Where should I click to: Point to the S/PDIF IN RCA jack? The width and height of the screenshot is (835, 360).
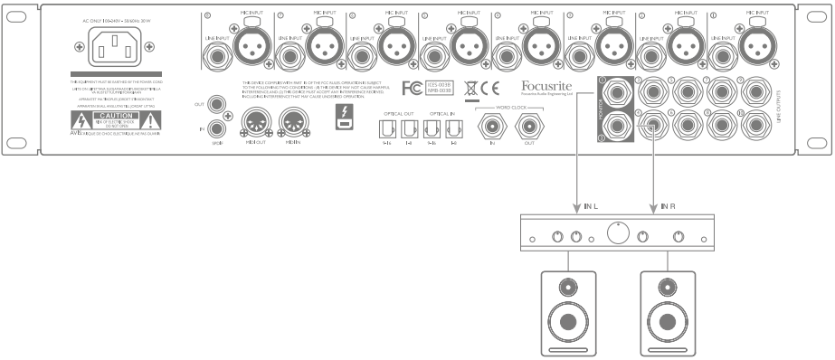click(217, 128)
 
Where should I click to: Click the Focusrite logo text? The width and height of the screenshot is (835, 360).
click(548, 88)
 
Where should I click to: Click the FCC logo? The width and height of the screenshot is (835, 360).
click(412, 90)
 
